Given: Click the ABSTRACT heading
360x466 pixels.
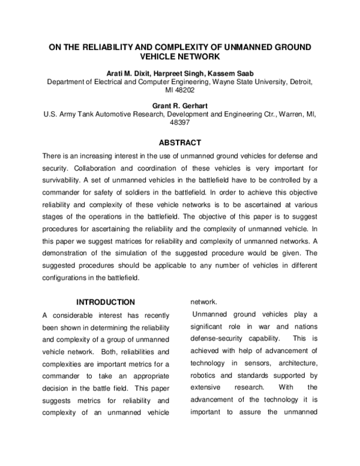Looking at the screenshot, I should (179, 144).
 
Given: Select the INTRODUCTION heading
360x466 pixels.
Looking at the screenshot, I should (105, 302).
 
